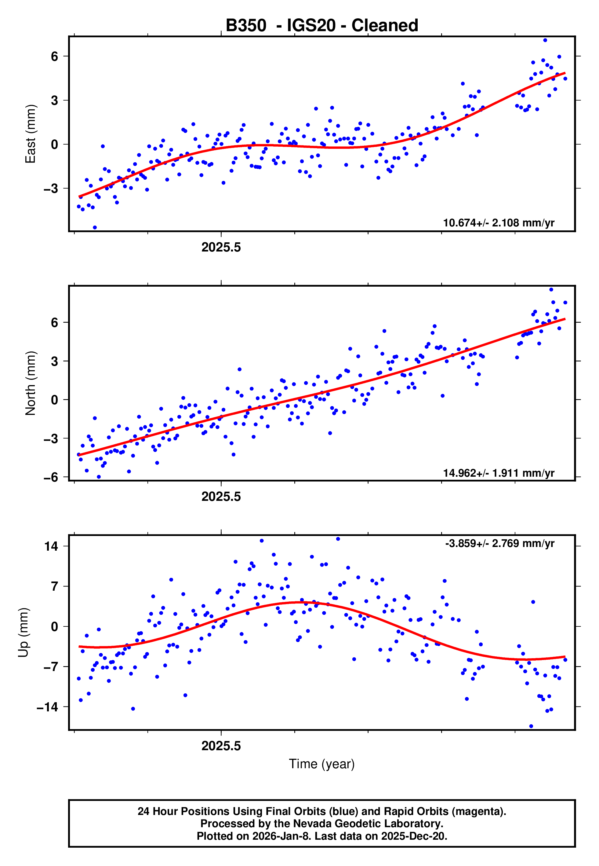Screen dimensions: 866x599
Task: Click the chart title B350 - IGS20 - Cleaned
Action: tap(322, 26)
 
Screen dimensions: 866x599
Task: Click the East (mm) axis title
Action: tap(31, 134)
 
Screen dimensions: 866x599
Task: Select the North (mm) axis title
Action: tap(31, 383)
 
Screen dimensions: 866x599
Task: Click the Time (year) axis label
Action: tap(322, 764)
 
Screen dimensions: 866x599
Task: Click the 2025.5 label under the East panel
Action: tap(221, 248)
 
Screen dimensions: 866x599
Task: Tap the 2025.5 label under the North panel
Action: tap(221, 497)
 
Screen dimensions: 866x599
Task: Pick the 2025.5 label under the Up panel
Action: tap(221, 746)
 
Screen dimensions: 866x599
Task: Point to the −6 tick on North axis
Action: tap(51, 477)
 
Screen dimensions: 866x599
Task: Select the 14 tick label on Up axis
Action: tap(51, 546)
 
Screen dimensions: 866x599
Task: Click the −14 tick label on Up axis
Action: tap(47, 707)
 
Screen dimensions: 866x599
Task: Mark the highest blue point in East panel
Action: tap(545, 40)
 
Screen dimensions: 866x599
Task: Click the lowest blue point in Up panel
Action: tap(531, 726)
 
